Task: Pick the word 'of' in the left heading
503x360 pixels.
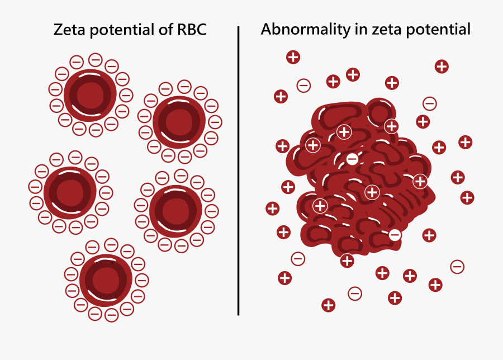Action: coord(159,30)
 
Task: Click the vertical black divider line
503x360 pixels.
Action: coord(239,168)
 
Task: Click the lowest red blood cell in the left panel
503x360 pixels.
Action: coord(106,281)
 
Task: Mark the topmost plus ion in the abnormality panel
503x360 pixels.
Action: coord(293,56)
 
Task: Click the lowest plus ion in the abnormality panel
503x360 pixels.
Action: coord(329,305)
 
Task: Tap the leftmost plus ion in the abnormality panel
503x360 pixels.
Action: coord(272,209)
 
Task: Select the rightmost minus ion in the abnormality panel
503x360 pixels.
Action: coord(457,267)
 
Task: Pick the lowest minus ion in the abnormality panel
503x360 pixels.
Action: coord(354,293)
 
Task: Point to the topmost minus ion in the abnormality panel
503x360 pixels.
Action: coord(303,86)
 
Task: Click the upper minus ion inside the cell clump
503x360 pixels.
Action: coord(352,159)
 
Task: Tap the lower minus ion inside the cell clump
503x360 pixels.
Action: coord(395,235)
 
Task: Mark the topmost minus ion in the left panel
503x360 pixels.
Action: coord(96,59)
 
